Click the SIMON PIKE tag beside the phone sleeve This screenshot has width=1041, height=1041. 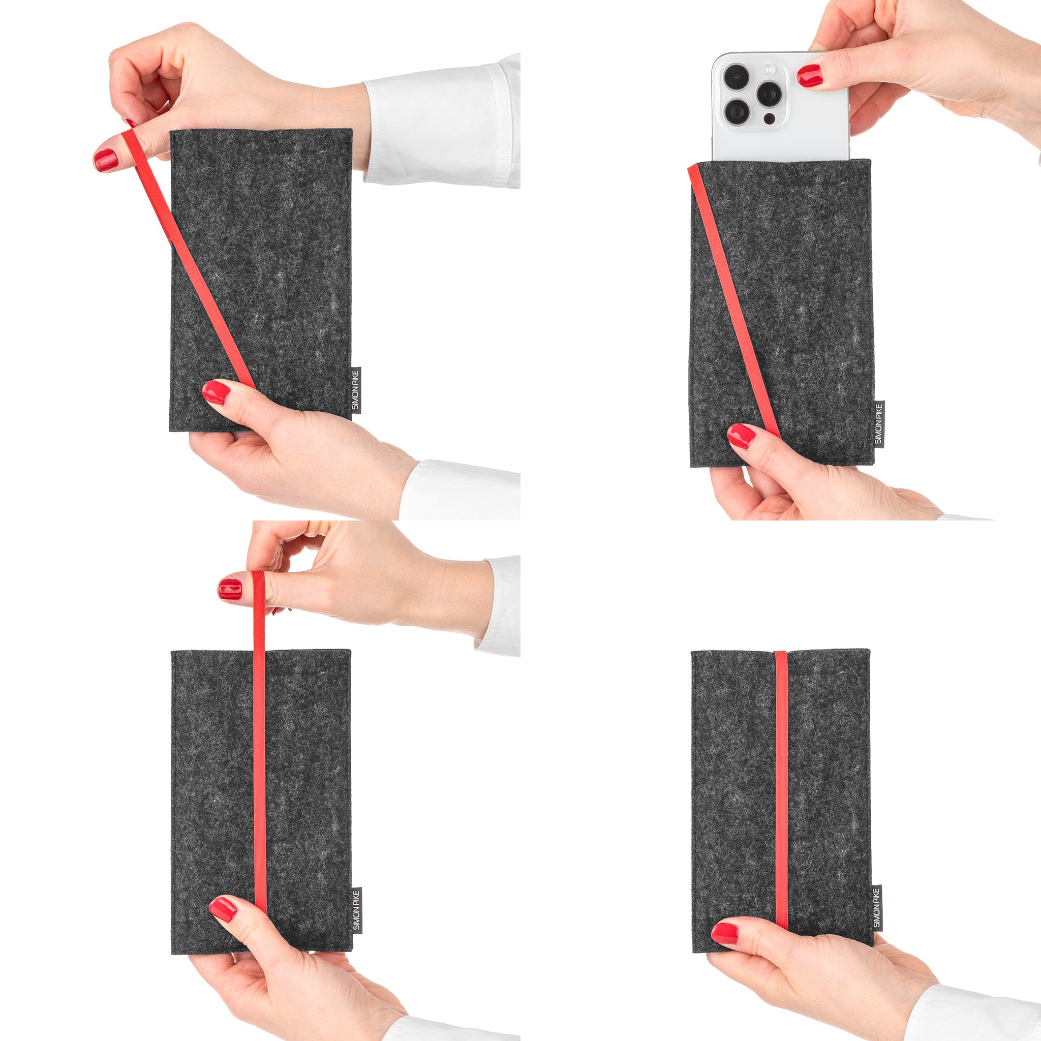[879, 424]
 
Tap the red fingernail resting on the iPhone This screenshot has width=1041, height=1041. [810, 75]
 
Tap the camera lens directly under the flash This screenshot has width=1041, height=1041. [769, 94]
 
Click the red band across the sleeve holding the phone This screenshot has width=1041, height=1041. [734, 301]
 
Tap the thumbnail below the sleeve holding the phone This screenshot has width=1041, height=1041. [742, 436]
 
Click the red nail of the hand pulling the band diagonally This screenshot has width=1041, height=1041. [106, 160]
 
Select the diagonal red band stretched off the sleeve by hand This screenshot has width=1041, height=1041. [188, 259]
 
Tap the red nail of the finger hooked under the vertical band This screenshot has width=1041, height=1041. [230, 589]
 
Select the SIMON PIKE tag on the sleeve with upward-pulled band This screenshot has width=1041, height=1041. [356, 910]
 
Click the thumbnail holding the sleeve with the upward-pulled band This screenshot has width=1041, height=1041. [223, 909]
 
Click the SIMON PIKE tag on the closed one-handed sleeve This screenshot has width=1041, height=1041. [877, 907]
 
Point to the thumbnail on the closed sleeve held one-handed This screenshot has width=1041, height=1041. [725, 933]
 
